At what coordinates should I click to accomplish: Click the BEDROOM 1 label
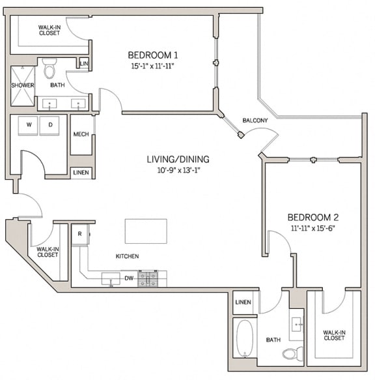point(153,55)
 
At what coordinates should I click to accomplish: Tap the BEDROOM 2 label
point(313,217)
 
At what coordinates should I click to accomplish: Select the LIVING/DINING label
point(172,158)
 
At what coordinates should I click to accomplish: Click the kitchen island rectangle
point(146,231)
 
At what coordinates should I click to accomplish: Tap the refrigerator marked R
point(79,234)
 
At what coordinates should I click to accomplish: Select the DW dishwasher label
point(129,278)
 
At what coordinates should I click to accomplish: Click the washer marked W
point(29,124)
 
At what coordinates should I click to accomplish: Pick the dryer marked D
point(50,124)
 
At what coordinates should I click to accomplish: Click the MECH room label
point(81,135)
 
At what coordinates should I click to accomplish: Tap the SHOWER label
point(22,85)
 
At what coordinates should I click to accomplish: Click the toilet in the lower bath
point(290,353)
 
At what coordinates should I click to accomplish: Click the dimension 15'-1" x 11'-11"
point(153,65)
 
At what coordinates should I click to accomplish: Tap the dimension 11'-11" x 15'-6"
point(313,228)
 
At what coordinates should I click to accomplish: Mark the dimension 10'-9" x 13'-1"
point(172,169)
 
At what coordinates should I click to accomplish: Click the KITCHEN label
point(127,256)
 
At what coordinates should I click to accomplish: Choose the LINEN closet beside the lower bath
point(243,302)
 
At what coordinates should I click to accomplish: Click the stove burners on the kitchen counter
point(152,279)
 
